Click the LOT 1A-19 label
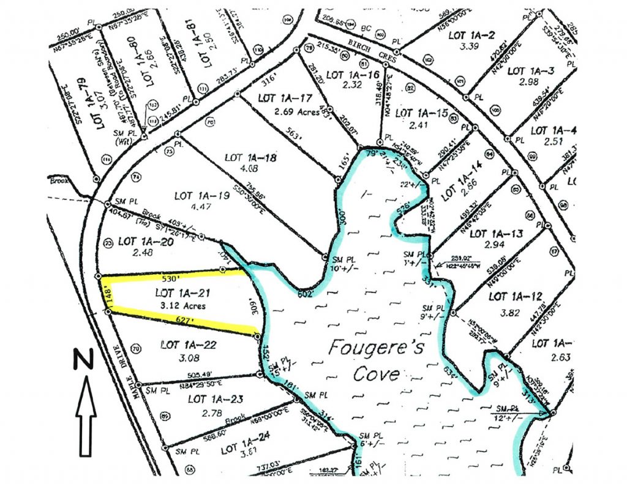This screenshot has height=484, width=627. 203,196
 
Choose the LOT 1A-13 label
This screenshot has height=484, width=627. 497,234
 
